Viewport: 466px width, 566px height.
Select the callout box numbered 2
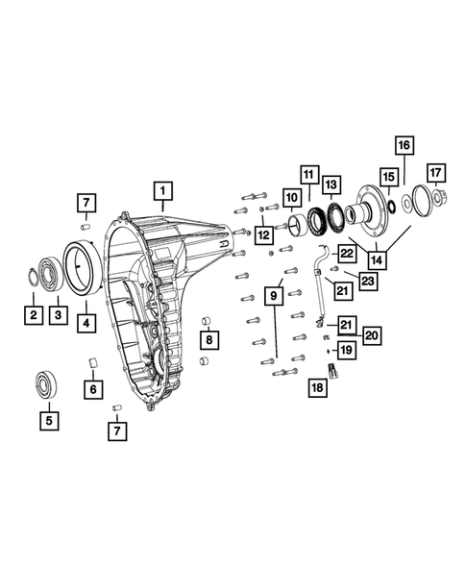point(34,314)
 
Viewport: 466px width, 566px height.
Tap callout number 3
point(59,314)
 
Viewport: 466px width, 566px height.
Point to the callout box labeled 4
point(87,322)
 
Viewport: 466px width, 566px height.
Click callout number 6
point(92,389)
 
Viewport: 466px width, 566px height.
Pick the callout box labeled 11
point(308,175)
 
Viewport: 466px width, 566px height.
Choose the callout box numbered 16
point(405,145)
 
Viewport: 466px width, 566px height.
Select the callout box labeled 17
point(435,173)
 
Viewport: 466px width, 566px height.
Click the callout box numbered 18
point(318,388)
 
